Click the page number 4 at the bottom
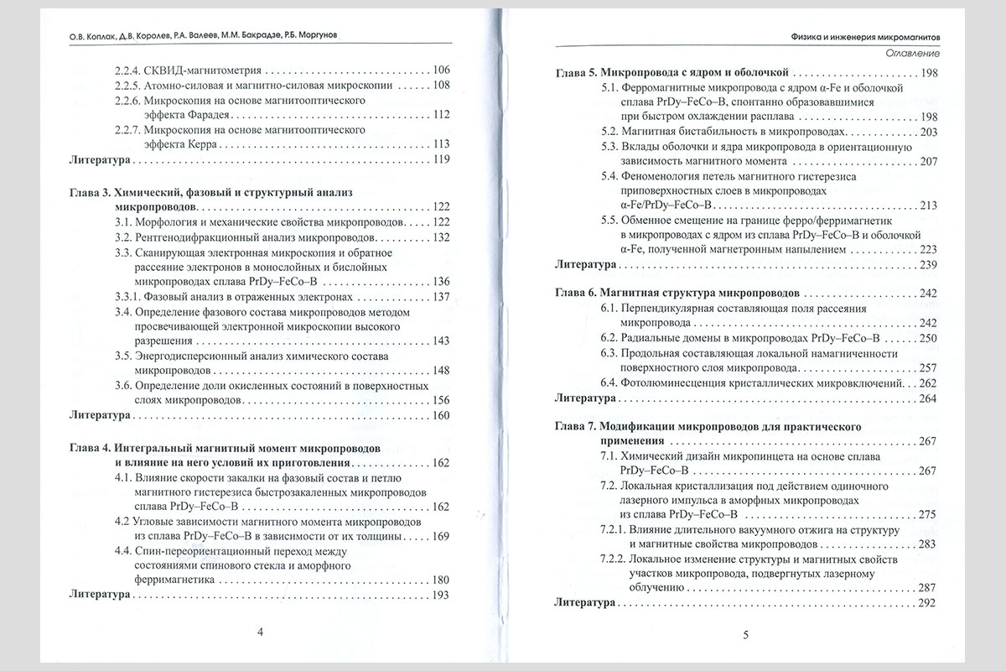[260, 632]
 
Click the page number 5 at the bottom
[744, 634]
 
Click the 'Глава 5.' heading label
[578, 73]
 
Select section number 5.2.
[610, 132]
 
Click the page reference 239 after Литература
[927, 264]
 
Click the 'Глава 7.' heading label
[578, 427]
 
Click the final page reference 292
[927, 603]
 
